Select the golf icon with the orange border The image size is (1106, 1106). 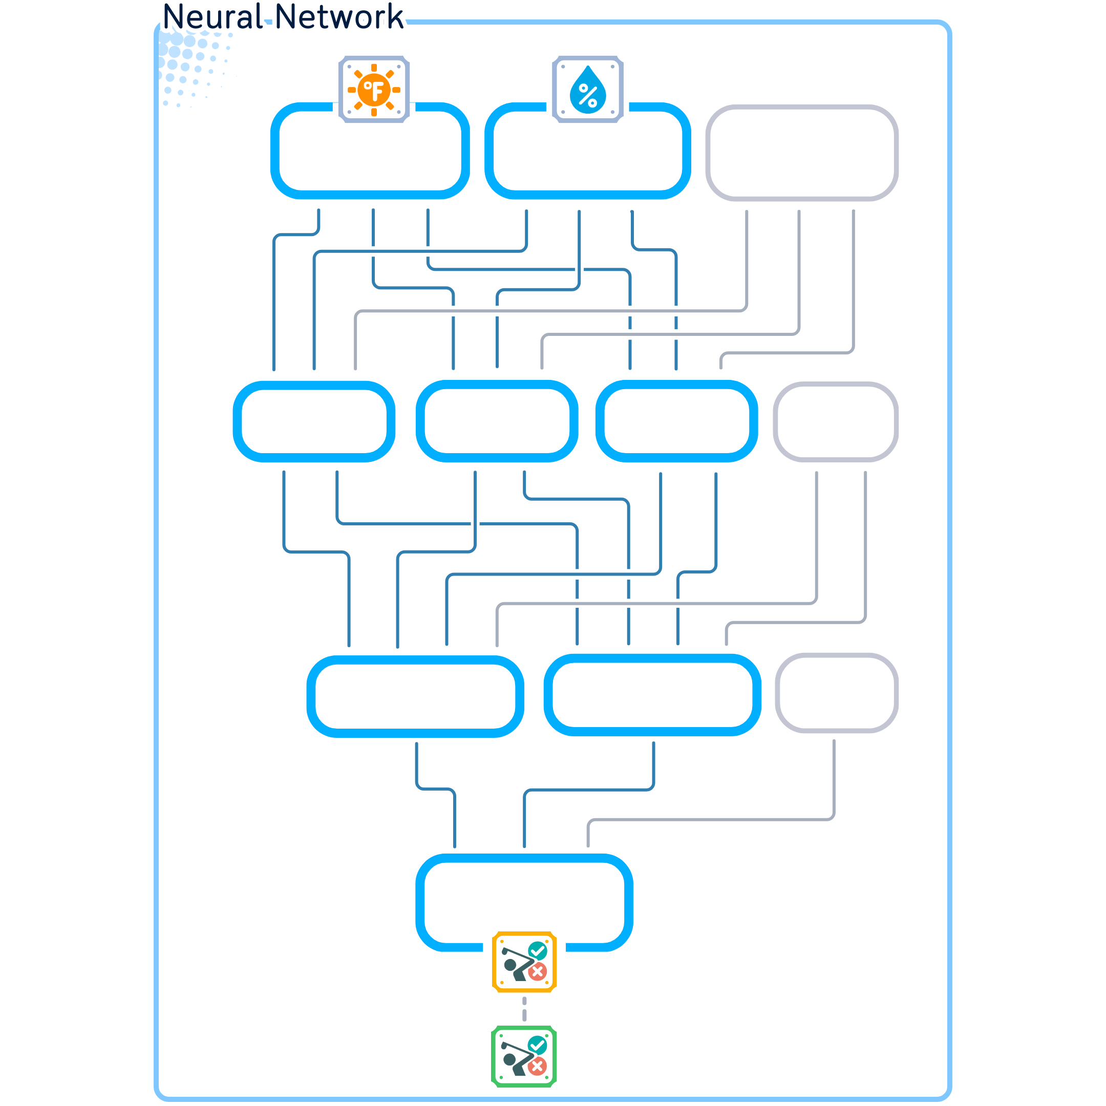pos(524,962)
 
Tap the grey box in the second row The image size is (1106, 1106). pos(835,421)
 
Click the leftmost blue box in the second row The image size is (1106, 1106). pos(314,421)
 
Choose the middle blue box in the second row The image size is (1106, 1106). pos(496,421)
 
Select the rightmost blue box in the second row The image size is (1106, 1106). pos(676,421)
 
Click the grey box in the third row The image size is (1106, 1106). pos(836,693)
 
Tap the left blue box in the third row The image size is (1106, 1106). pos(415,696)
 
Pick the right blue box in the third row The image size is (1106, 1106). pos(652,695)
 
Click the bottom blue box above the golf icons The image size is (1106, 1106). pos(524,899)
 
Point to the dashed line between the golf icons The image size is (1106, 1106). pos(524,1009)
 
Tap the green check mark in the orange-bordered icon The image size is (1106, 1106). pos(537,950)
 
